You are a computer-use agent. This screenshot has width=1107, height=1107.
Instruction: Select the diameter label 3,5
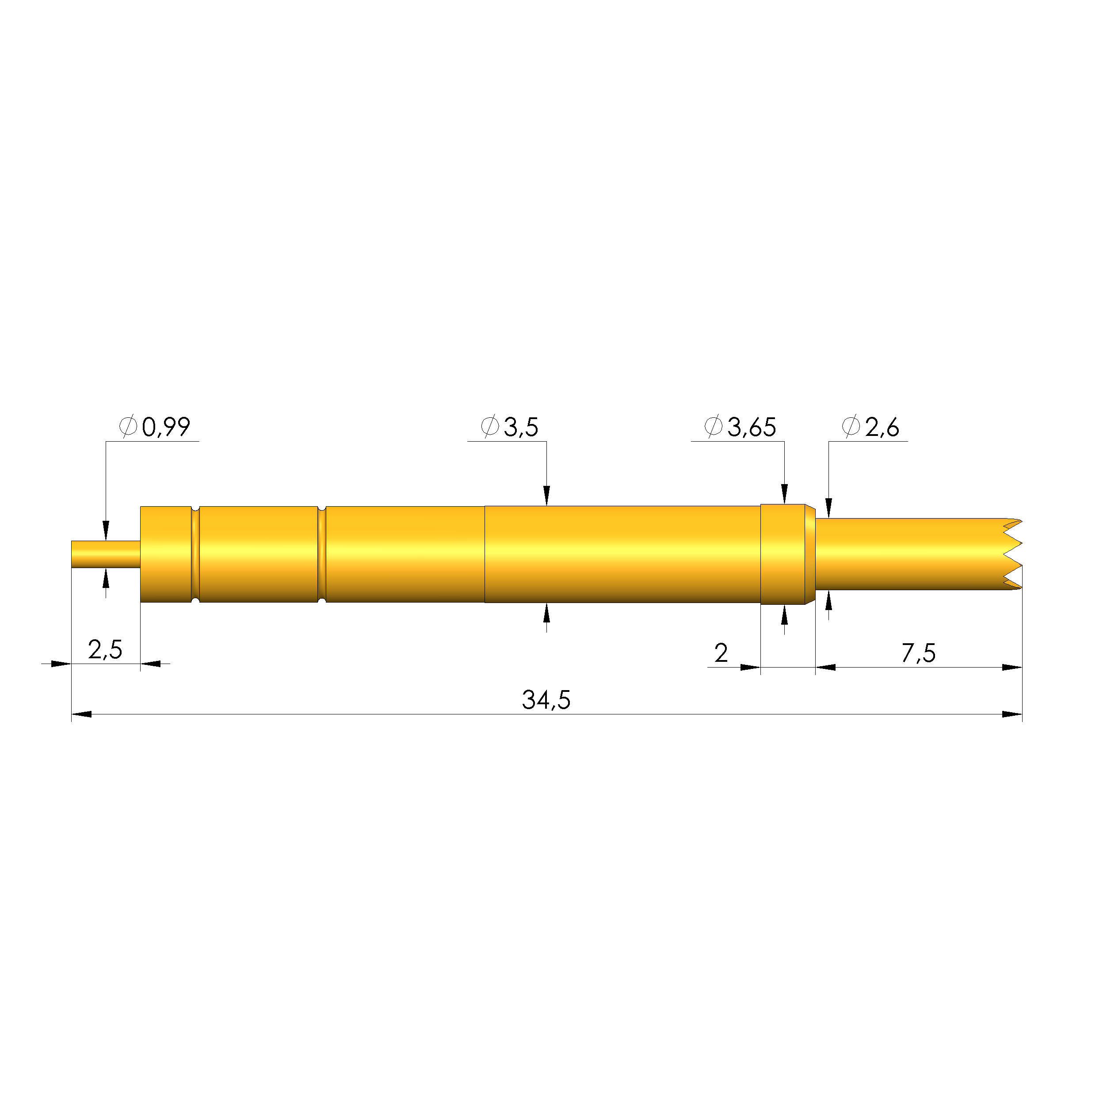click(520, 428)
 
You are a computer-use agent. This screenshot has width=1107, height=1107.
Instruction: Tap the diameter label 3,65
click(751, 428)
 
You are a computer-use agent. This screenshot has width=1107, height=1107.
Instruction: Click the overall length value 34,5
click(546, 700)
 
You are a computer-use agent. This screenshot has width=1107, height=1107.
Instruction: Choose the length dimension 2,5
click(105, 650)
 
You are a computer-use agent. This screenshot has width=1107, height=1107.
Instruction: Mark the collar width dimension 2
click(721, 653)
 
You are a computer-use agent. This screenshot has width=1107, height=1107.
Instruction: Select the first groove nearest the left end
click(195, 554)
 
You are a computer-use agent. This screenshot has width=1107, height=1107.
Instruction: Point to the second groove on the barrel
click(321, 554)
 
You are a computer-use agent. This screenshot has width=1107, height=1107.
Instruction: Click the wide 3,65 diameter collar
click(783, 554)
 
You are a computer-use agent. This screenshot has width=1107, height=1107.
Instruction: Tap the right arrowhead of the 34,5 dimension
click(1012, 714)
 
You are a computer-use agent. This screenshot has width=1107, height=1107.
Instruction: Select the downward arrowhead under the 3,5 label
click(546, 496)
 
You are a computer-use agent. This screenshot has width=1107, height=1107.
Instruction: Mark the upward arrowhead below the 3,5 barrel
click(546, 613)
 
